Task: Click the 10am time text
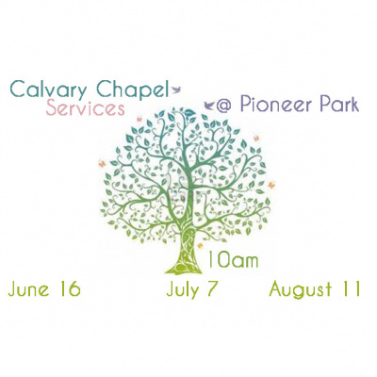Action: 231,258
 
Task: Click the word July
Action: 184,289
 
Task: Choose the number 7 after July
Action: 214,288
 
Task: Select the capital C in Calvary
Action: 17,90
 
